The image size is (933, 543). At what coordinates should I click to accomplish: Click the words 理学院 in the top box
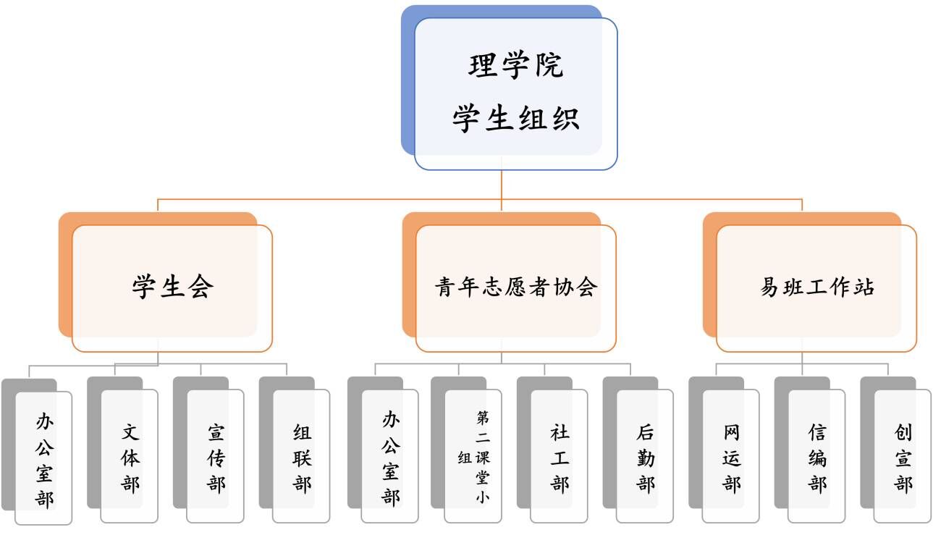515,66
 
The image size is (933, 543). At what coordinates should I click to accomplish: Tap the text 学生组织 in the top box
515,118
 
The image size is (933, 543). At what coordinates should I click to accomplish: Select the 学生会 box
172,287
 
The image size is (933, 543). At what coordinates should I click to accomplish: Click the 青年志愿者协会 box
515,287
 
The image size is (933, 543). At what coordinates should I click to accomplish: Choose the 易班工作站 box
816,287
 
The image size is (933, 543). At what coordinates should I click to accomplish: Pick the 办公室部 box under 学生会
43,458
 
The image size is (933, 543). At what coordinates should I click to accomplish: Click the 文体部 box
130,458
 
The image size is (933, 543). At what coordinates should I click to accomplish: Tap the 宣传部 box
216,458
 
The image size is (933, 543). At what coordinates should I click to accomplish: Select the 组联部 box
302,458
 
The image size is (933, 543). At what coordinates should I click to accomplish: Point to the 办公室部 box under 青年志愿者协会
390,458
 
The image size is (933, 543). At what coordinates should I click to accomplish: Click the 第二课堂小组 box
473,458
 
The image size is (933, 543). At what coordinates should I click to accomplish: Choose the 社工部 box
560,458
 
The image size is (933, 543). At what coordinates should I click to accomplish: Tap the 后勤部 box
646,458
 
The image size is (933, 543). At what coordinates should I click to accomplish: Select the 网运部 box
731,458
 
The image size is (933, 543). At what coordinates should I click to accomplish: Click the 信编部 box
817,458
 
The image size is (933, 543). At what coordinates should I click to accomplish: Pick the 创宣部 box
903,458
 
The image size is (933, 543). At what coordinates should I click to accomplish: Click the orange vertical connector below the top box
502,185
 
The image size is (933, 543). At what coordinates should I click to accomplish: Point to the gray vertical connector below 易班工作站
802,358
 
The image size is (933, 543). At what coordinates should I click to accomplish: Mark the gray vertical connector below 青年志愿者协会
502,358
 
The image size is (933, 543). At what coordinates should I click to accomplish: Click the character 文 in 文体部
130,434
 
